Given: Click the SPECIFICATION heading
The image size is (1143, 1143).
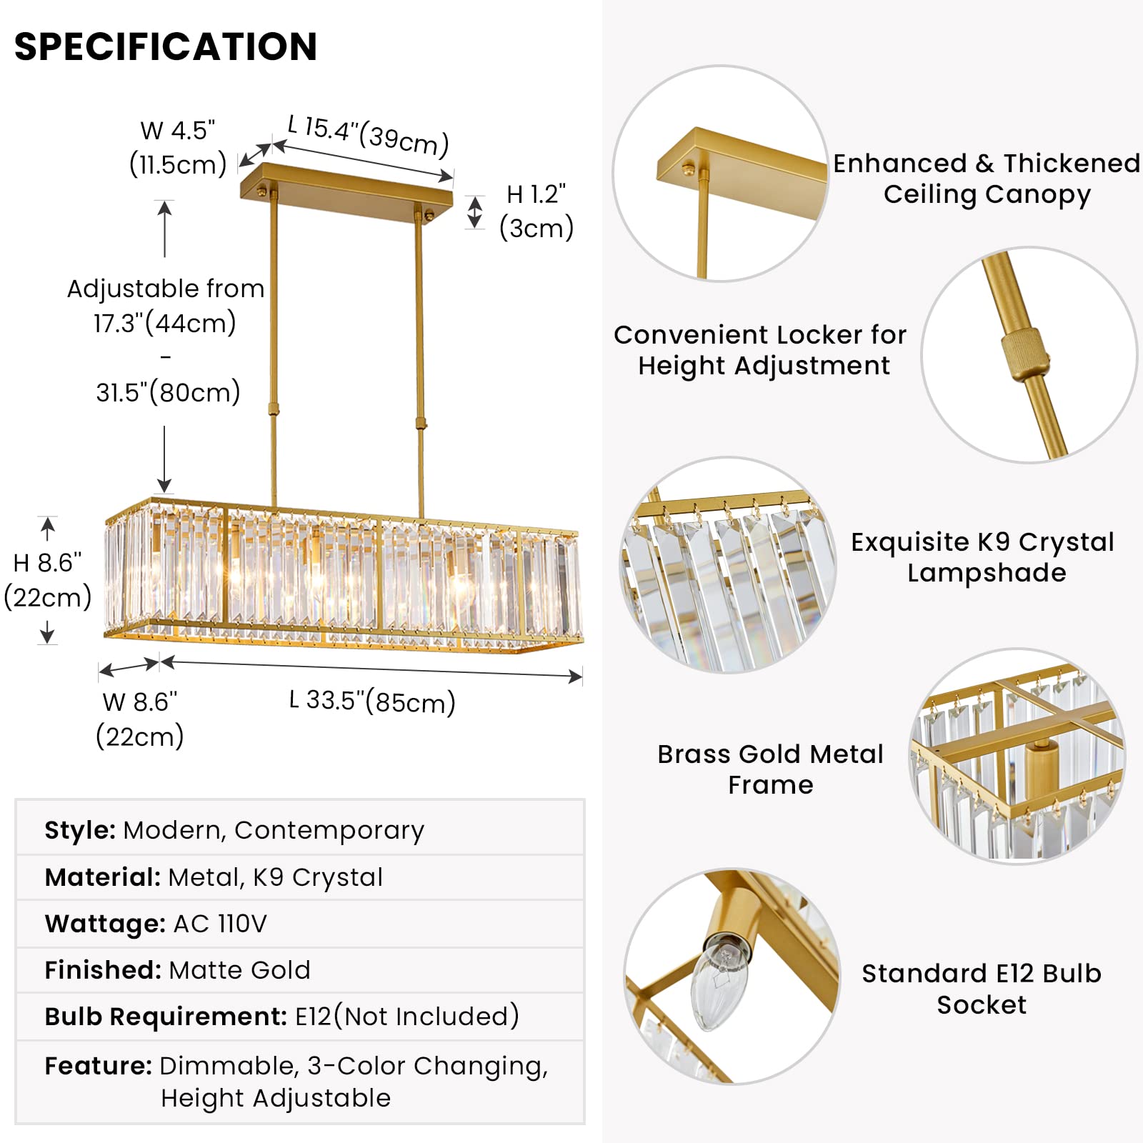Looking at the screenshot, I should (166, 47).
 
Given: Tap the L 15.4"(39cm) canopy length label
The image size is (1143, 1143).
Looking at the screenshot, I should (368, 135).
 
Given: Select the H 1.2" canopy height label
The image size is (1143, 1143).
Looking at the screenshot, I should (536, 194).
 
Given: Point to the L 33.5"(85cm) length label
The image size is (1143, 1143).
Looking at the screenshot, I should (372, 702).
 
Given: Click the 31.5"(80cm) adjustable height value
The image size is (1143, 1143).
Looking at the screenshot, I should (168, 392).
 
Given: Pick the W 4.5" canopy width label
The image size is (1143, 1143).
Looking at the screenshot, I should (178, 131).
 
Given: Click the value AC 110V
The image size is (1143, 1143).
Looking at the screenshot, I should (220, 924).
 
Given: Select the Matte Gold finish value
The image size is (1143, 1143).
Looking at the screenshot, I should (240, 970).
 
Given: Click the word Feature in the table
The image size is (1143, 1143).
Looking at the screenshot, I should (98, 1066).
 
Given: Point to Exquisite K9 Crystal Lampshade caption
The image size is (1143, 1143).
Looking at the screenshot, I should (983, 557).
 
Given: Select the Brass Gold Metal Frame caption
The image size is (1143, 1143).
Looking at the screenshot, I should (770, 769).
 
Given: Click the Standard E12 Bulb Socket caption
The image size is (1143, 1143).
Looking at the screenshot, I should (982, 989).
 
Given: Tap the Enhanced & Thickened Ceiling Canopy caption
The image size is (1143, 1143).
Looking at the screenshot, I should (987, 179).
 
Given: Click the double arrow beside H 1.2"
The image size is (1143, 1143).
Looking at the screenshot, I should (475, 212).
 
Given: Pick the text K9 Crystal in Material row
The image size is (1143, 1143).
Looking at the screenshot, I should (318, 877).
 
